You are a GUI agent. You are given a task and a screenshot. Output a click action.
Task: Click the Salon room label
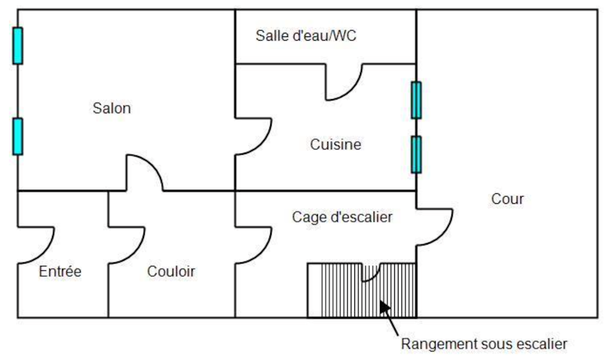112,109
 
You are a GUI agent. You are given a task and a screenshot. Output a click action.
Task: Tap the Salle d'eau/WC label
305,36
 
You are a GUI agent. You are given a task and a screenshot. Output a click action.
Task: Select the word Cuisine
335,145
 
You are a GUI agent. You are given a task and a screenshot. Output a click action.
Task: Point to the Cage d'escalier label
342,217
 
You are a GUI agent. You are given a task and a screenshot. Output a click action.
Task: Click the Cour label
508,199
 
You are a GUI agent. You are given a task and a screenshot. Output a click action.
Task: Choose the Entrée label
60,272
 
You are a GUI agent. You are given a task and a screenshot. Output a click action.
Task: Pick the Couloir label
171,272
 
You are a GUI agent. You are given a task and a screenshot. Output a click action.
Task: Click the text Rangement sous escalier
484,344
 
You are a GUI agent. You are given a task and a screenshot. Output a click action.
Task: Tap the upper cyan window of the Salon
18,46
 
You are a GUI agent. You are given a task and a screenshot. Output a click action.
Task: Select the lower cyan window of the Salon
18,136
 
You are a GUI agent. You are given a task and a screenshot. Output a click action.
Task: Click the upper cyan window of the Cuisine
416,100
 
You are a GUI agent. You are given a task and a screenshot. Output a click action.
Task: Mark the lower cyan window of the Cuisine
416,154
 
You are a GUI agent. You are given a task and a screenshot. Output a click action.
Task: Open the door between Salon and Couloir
145,173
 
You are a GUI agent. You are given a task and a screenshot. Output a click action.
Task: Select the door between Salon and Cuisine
254,137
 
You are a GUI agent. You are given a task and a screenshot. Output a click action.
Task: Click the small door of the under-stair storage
372,272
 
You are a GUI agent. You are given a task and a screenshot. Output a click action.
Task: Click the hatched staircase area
335,292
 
